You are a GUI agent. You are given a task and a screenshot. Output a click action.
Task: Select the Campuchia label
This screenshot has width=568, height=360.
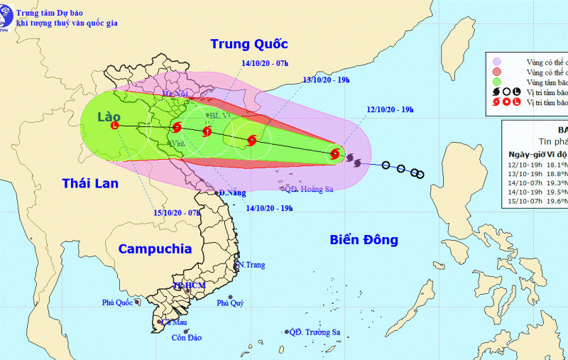pos(155,249)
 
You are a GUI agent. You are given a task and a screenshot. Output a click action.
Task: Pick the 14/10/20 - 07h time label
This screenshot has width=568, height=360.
pos(264,63)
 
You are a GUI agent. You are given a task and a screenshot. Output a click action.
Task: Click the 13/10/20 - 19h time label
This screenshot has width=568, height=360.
pos(327,80)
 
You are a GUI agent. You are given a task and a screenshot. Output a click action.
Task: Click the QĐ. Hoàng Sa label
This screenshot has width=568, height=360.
pos(308,189)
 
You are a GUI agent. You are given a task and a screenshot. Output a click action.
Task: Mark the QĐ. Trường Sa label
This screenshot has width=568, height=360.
pos(315,332)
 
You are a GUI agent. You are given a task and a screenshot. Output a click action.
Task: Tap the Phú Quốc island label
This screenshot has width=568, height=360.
pos(118,302)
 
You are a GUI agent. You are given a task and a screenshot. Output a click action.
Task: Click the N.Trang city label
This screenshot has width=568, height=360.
pos(251,265)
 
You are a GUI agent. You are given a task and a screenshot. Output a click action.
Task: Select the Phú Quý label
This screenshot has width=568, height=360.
pos(231,303)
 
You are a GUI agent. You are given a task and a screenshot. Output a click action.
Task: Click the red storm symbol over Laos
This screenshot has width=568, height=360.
pos(115,126)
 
